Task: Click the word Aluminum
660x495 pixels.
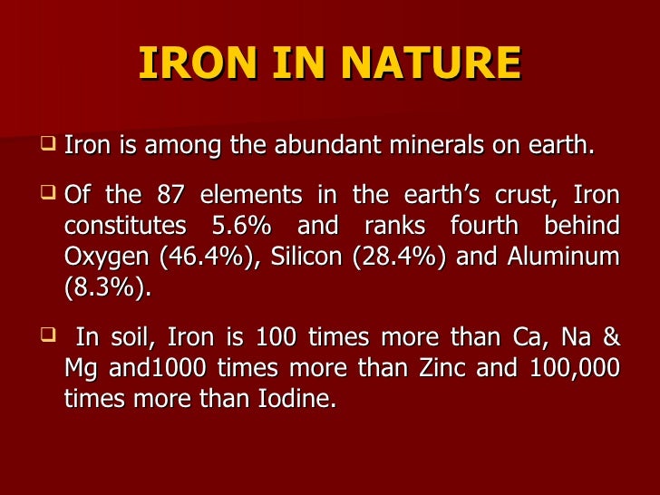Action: pyautogui.click(x=563, y=257)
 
